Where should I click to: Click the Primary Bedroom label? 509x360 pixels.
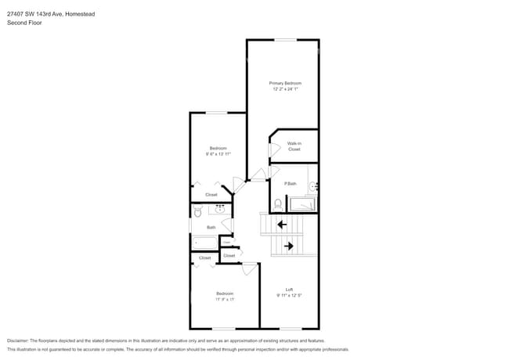(285, 83)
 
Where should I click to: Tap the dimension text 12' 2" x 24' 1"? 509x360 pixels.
(285, 89)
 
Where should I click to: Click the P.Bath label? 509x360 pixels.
(290, 183)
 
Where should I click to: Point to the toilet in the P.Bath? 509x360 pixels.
(277, 204)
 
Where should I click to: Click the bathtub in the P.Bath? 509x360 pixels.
(303, 204)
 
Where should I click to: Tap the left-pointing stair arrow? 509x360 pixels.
(281, 225)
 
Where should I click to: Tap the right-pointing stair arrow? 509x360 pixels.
(288, 246)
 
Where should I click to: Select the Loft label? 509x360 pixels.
(288, 290)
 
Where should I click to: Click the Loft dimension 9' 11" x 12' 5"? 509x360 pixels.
(288, 296)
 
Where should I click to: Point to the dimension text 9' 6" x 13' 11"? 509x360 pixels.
(218, 154)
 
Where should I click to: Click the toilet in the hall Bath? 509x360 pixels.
(198, 211)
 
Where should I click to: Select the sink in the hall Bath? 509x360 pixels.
(220, 209)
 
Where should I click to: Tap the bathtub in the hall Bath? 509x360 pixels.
(205, 242)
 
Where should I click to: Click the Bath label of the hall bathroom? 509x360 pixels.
(211, 228)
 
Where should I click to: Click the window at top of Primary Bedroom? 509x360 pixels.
(284, 40)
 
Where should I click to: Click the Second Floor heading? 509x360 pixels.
(24, 23)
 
